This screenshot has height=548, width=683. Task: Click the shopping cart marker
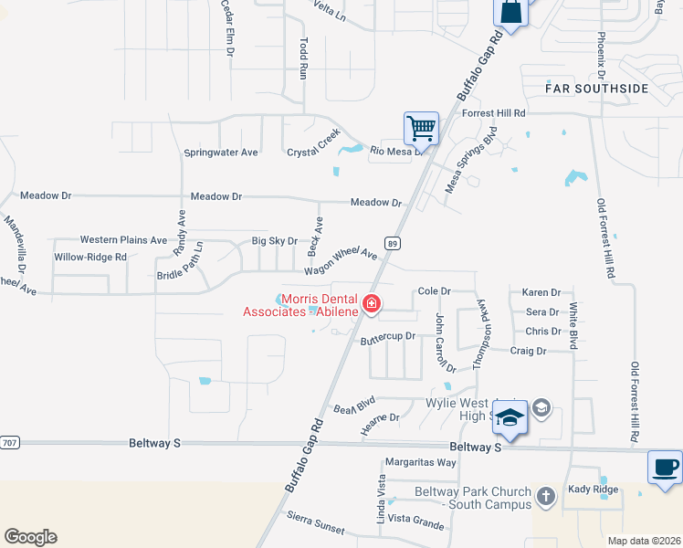(x=421, y=127)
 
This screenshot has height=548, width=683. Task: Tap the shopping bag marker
(x=510, y=13)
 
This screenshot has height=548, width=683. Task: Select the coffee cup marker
(x=665, y=467)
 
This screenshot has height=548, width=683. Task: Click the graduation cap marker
(x=510, y=418)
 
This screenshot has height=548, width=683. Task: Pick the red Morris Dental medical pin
(x=372, y=303)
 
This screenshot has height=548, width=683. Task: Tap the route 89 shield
(x=393, y=243)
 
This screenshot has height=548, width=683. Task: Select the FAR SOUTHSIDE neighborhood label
(x=596, y=89)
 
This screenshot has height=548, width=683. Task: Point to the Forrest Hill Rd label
(x=494, y=113)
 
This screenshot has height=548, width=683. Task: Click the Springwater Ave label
(x=221, y=153)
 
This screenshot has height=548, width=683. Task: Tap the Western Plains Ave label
(x=123, y=240)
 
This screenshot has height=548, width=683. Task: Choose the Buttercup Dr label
(x=387, y=337)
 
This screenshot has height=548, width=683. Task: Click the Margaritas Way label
(x=420, y=462)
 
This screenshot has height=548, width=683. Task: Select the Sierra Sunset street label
(x=315, y=530)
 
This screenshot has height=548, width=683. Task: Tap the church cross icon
(x=545, y=496)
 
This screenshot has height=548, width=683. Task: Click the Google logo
(x=30, y=537)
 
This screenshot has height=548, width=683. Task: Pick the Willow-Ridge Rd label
(x=89, y=257)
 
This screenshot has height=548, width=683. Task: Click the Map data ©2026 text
(x=644, y=541)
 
